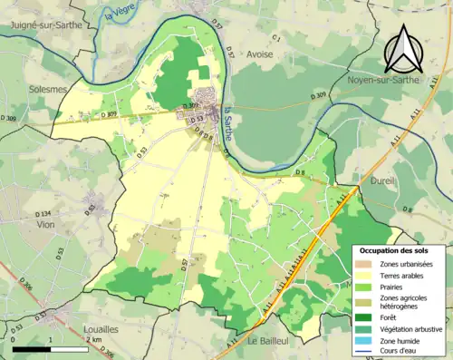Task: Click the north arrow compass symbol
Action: click(401, 48)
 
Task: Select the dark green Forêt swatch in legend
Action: click(367, 317)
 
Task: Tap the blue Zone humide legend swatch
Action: click(367, 342)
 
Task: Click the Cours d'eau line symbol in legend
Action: click(367, 353)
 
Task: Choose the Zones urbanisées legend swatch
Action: click(367, 263)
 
